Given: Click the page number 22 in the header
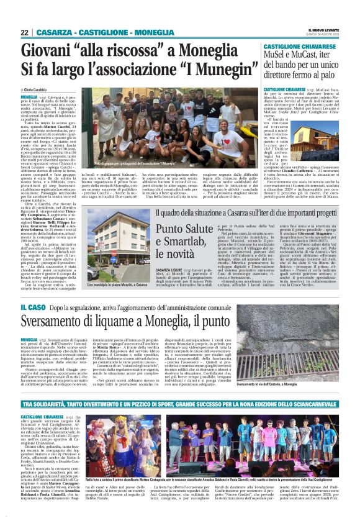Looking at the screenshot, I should pos(25,32).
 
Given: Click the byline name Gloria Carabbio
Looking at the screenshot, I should pos(41,90).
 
